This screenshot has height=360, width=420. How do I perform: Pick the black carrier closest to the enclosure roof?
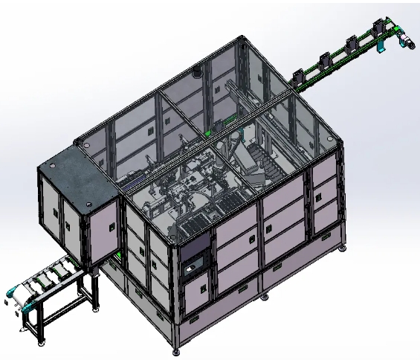coord(301,76)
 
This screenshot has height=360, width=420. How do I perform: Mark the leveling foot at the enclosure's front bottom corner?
coord(176,348)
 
